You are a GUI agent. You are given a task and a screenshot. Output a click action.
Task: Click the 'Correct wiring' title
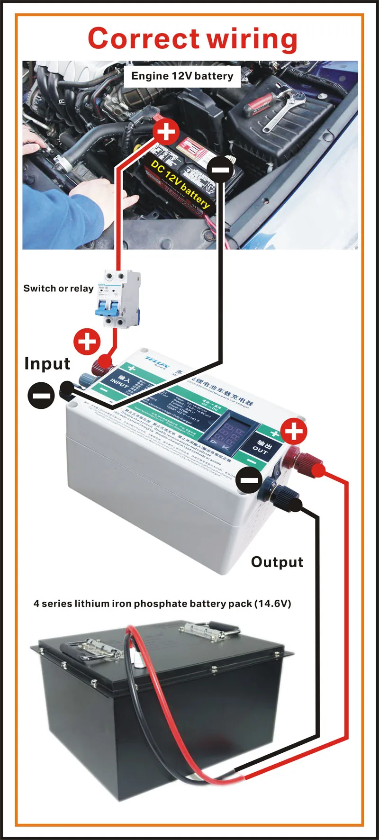pos(192,39)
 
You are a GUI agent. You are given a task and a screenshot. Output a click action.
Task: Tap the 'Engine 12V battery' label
pos(182,76)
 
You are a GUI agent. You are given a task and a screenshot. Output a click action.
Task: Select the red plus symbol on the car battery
pos(166,131)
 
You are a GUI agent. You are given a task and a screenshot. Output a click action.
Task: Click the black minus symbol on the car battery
pos(220,169)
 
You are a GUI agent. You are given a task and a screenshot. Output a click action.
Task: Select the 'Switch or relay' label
pos(58,288)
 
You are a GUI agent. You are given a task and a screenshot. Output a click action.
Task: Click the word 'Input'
pos(47,363)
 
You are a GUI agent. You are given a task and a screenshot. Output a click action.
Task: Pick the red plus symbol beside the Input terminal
pos(87,342)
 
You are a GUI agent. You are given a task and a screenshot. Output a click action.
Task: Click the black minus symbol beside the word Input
pos(41,395)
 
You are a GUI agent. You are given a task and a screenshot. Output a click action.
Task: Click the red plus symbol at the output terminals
pos(294,431)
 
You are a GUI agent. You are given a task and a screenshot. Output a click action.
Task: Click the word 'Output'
pos(277,562)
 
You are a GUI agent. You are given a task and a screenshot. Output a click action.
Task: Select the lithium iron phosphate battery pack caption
pos(162,604)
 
